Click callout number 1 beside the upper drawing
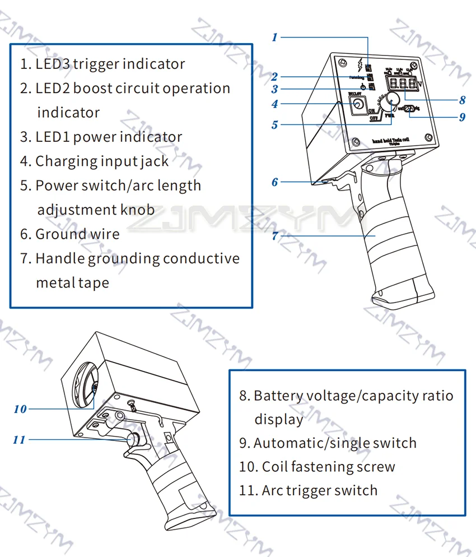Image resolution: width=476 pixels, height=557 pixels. (x=274, y=38)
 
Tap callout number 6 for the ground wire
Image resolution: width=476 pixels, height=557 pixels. (x=274, y=182)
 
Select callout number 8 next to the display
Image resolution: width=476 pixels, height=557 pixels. (x=462, y=100)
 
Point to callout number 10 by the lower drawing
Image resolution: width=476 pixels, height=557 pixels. (x=20, y=409)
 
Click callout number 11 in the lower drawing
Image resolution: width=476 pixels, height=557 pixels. (x=20, y=440)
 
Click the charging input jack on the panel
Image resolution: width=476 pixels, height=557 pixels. (x=356, y=104)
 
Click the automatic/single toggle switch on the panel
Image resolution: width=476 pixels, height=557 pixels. (x=410, y=110)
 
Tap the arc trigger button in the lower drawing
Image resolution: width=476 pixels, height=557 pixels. (x=135, y=440)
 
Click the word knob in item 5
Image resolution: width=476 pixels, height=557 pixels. (x=137, y=210)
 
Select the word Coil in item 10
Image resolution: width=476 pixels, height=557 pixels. (x=275, y=467)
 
